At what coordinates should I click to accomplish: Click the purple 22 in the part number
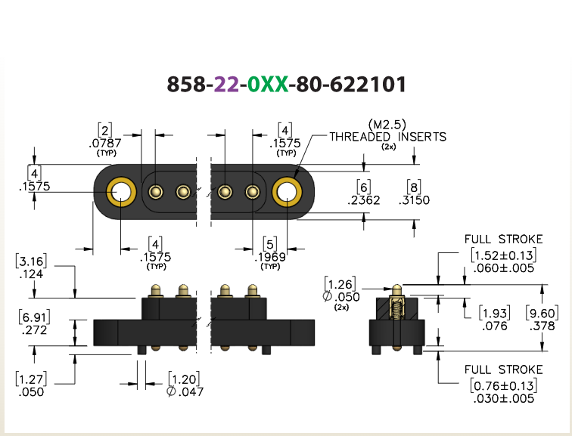pyautogui.click(x=226, y=84)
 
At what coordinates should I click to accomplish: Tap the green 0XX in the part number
pyautogui.click(x=268, y=84)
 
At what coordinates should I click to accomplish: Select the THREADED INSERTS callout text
pyautogui.click(x=388, y=137)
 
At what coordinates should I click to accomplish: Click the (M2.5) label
pyautogui.click(x=387, y=125)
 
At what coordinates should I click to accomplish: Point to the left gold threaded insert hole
pyautogui.click(x=121, y=192)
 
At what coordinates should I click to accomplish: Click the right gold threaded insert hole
pyautogui.click(x=287, y=192)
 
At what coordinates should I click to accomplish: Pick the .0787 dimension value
pyautogui.click(x=105, y=143)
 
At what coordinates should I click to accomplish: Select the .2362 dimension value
pyautogui.click(x=363, y=200)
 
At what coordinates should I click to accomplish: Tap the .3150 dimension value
pyautogui.click(x=414, y=200)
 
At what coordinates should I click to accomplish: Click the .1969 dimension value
pyautogui.click(x=270, y=257)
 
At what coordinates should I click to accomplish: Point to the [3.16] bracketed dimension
pyautogui.click(x=31, y=261)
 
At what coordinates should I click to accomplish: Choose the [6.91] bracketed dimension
pyautogui.click(x=34, y=317)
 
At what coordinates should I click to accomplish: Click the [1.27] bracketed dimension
pyautogui.click(x=31, y=379)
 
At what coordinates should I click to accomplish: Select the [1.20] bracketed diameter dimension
pyautogui.click(x=184, y=379)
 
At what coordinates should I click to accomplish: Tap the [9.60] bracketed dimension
pyautogui.click(x=542, y=314)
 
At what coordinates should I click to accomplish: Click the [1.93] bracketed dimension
pyautogui.click(x=495, y=314)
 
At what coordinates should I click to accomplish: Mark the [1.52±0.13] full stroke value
pyautogui.click(x=504, y=255)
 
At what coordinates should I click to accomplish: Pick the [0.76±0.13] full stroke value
pyautogui.click(x=504, y=385)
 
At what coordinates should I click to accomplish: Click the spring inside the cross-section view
pyautogui.click(x=397, y=308)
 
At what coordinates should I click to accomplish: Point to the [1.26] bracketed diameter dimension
pyautogui.click(x=340, y=284)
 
